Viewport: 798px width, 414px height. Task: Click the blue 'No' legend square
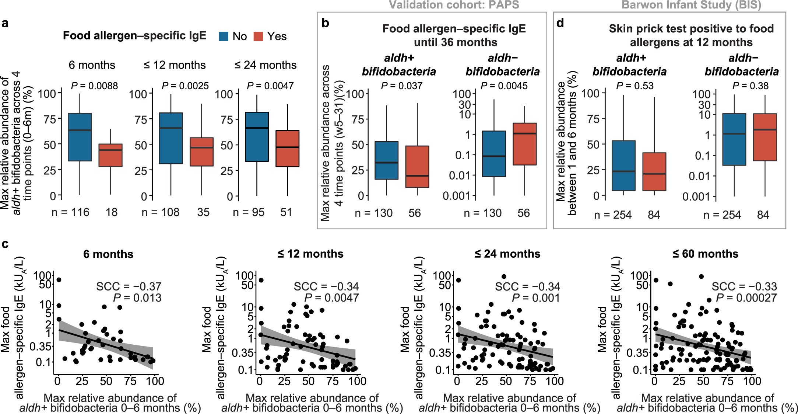[224, 36]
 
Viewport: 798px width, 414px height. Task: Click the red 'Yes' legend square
[259, 36]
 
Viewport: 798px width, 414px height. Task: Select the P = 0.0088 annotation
[94, 86]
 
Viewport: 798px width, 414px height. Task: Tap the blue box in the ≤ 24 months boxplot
[257, 136]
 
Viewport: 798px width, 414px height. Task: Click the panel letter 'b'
[326, 24]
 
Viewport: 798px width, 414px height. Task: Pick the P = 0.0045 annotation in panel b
[505, 86]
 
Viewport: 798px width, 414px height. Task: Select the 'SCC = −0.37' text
[129, 286]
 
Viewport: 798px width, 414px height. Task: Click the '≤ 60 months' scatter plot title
[705, 254]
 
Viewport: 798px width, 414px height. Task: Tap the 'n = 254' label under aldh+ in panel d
[613, 214]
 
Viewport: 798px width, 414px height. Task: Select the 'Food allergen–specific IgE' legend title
[134, 36]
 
